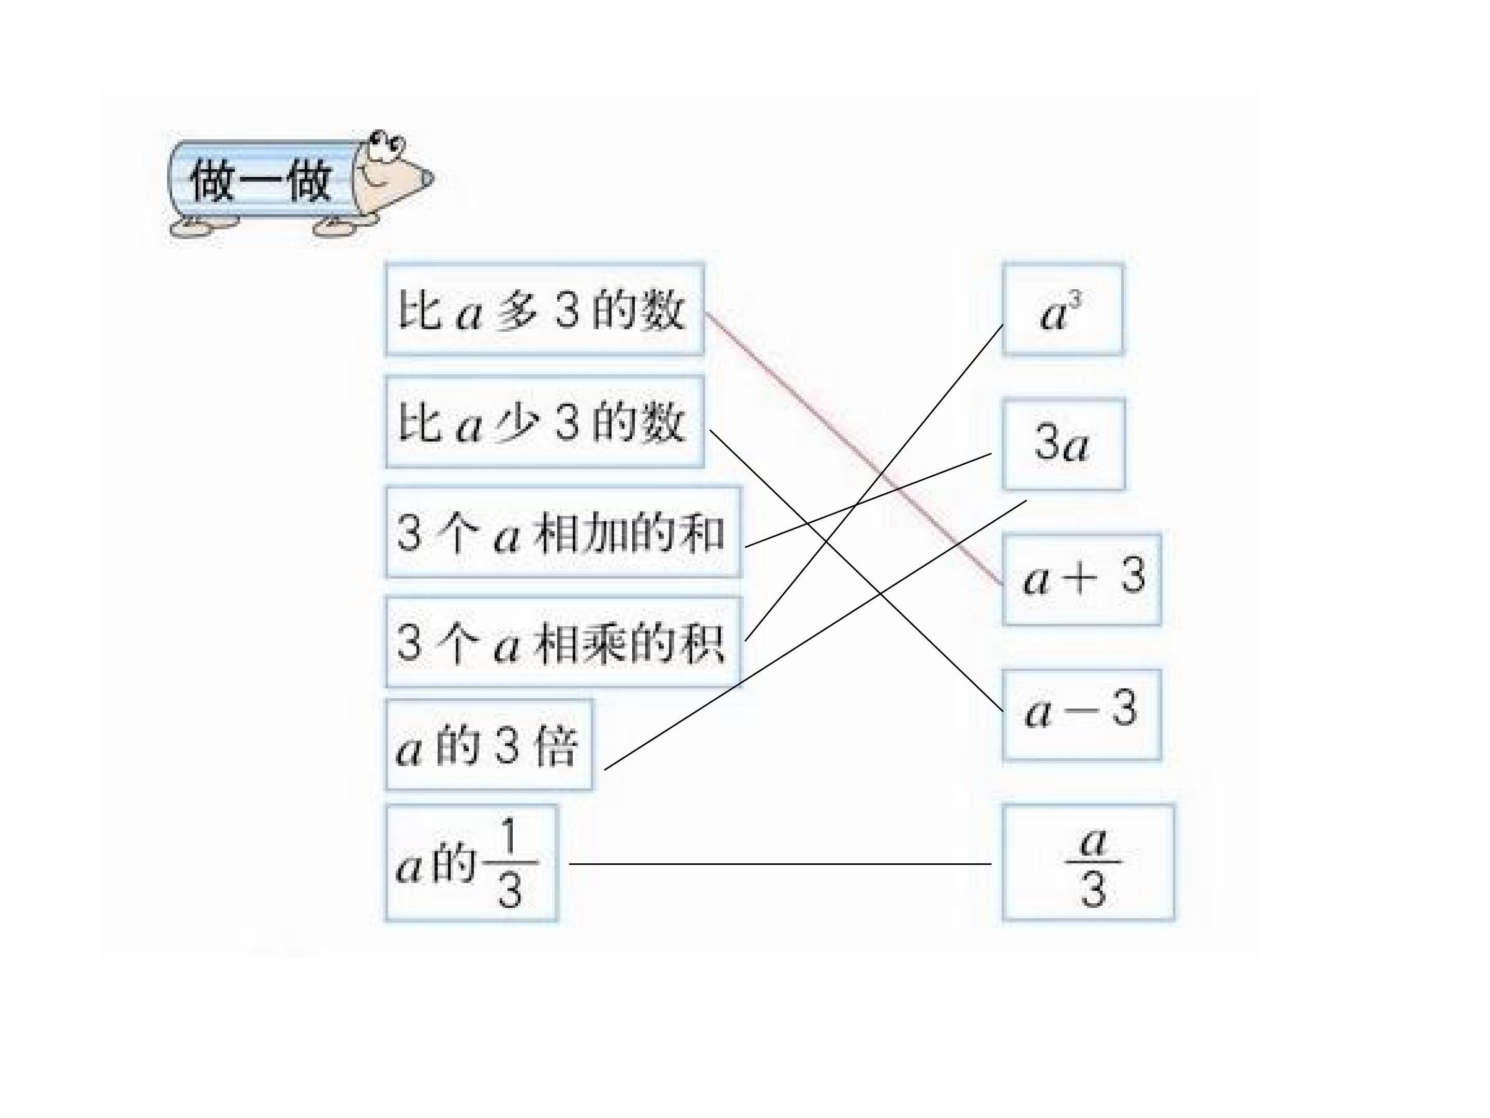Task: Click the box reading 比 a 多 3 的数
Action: click(x=544, y=310)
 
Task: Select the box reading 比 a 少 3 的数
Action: click(x=544, y=422)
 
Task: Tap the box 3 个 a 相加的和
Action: click(x=563, y=533)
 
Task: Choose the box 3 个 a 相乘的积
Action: click(x=563, y=642)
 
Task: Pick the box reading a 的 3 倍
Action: click(x=489, y=745)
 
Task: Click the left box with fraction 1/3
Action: click(x=471, y=863)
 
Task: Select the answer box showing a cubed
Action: click(x=1062, y=310)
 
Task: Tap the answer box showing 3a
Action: click(x=1064, y=444)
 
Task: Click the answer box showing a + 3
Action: click(x=1081, y=580)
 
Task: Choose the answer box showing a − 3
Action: click(x=1081, y=715)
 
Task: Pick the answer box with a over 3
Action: click(x=1088, y=863)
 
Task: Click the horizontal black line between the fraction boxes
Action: click(x=780, y=863)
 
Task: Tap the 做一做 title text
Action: click(x=261, y=180)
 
